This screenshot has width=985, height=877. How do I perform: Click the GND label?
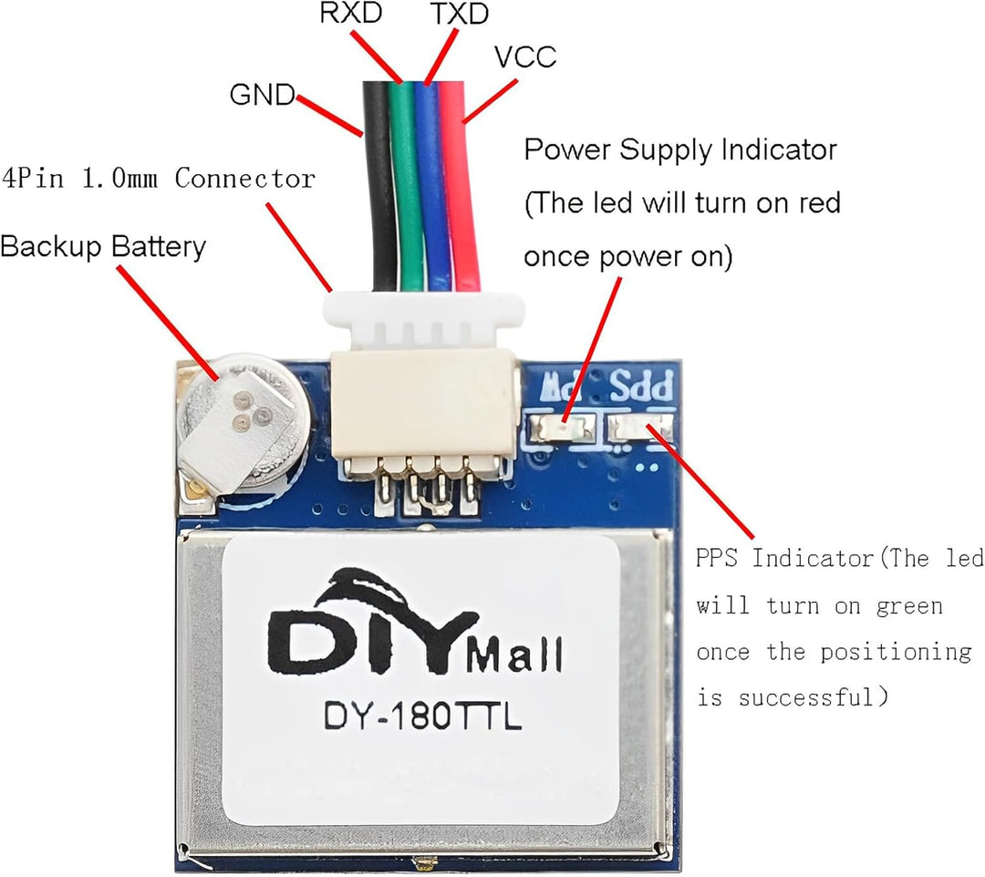point(262,95)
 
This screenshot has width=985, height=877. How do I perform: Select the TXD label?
point(458,15)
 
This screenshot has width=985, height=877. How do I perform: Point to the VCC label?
point(525,57)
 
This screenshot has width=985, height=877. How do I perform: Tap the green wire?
point(405,182)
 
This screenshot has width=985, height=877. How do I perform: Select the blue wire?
point(431,182)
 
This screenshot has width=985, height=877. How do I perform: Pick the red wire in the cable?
point(460,182)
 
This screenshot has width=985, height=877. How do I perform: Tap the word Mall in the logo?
point(514,653)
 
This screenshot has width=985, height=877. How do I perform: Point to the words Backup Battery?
point(103,247)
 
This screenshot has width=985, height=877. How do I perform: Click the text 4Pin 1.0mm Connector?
point(159,178)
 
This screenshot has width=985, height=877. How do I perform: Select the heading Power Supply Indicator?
point(680,150)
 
